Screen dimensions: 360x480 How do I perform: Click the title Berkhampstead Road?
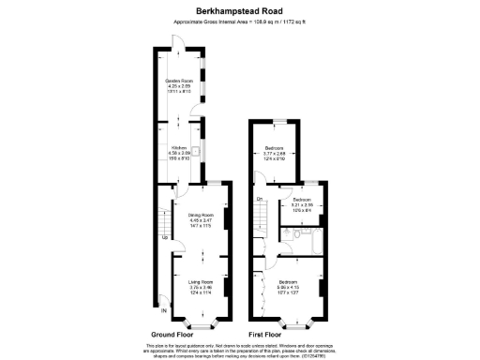click(x=239, y=11)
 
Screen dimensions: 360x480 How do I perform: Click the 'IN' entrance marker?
click(x=163, y=310)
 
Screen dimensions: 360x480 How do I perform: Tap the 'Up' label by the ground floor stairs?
click(x=166, y=237)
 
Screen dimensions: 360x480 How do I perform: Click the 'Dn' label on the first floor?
click(x=259, y=198)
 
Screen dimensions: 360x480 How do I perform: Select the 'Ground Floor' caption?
click(x=173, y=334)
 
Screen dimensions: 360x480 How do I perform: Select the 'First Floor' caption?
click(x=265, y=334)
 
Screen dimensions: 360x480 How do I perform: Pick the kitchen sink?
click(x=199, y=148)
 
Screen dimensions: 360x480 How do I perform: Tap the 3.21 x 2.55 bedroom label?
click(x=302, y=205)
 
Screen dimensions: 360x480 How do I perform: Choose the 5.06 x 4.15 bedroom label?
click(x=288, y=286)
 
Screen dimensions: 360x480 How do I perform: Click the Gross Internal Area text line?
click(x=239, y=22)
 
